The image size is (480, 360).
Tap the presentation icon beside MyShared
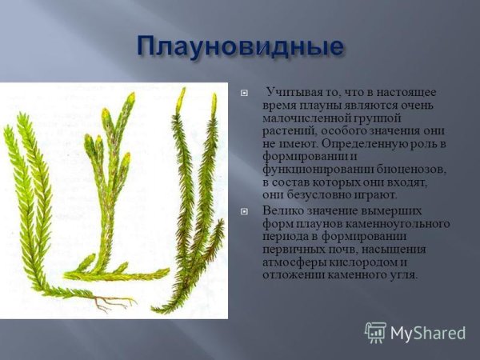pyautogui.click(x=375, y=333)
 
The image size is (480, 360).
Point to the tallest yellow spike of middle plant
pyautogui.click(x=130, y=99)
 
